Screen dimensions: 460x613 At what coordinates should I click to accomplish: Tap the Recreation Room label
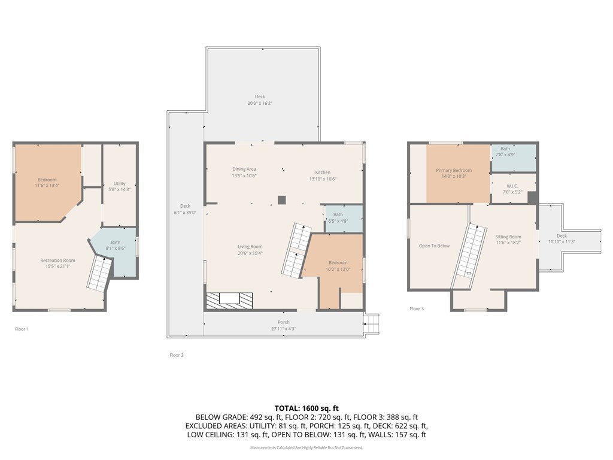[x=57, y=263]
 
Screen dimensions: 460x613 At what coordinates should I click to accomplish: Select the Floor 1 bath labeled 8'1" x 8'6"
[x=116, y=245]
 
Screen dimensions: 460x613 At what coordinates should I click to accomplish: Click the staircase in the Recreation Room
[x=99, y=274]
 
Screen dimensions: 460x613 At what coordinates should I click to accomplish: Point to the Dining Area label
[x=244, y=172]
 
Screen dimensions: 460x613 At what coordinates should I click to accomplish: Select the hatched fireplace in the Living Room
[x=229, y=300]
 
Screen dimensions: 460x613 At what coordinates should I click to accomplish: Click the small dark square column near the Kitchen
[x=281, y=199]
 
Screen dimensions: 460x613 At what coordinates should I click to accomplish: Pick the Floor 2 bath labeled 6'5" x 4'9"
[x=338, y=217]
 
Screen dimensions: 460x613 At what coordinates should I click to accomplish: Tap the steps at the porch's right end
[x=372, y=323]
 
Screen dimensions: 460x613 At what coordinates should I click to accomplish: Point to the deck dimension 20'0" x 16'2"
[x=260, y=103]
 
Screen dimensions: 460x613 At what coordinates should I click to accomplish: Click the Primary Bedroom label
[x=454, y=173]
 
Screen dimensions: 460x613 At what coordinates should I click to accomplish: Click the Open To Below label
[x=434, y=246]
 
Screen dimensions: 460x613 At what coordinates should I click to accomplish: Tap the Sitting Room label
[x=508, y=240]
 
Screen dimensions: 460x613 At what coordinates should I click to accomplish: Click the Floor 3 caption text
[x=417, y=308]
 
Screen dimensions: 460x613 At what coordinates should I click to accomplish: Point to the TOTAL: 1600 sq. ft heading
[x=306, y=408]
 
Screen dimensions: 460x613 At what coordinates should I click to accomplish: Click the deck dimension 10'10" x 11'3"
[x=562, y=242]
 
